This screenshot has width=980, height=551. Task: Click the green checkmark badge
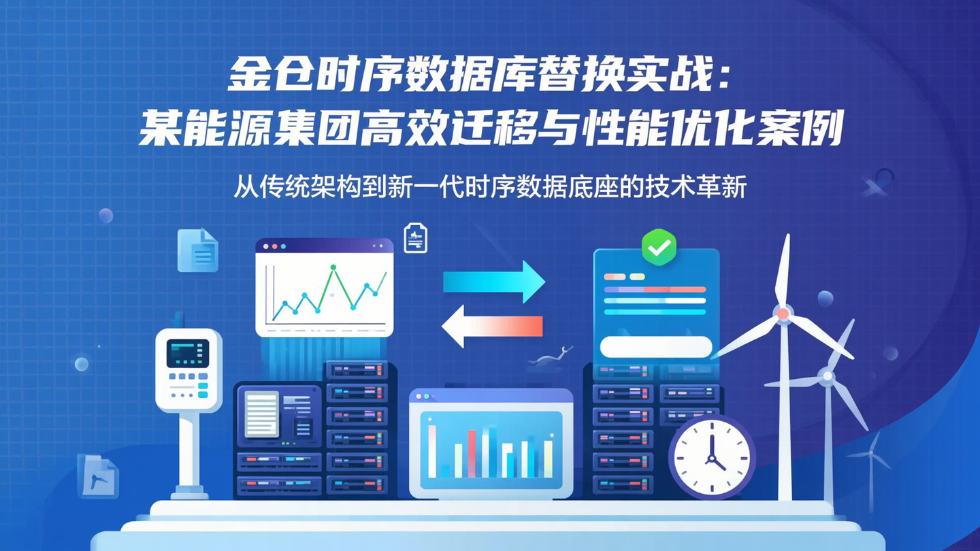(659, 248)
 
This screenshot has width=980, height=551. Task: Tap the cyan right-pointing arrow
(494, 281)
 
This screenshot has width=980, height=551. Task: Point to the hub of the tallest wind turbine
(783, 314)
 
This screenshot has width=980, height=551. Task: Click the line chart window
(325, 287)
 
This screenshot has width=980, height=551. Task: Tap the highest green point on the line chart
(333, 267)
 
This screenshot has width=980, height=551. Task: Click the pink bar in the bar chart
(472, 452)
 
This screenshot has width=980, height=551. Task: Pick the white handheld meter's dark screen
(188, 354)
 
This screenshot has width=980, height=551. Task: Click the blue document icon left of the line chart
(197, 250)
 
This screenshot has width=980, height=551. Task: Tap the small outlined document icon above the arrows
(415, 238)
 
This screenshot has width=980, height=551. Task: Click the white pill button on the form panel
(656, 346)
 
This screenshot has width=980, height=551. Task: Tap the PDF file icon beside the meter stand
(98, 475)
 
